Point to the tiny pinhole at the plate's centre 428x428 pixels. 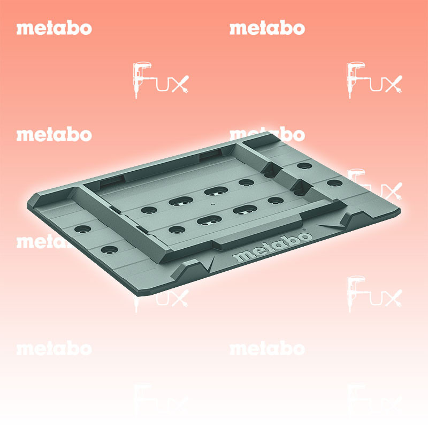tap(212, 204)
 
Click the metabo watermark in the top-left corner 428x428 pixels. tap(54, 28)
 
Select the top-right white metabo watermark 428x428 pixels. tap(267, 28)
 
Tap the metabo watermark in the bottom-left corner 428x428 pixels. tap(54, 349)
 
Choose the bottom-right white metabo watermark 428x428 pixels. tap(267, 349)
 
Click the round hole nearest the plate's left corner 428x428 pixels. tap(82, 229)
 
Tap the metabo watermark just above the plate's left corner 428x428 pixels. tap(54, 135)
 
